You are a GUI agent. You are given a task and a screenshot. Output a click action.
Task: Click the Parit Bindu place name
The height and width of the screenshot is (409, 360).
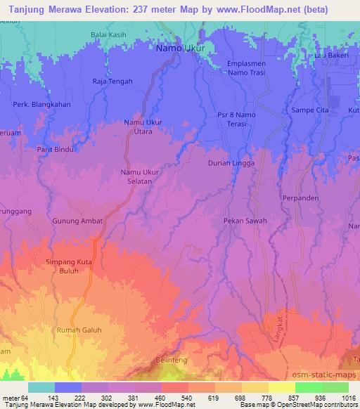(x=56, y=150)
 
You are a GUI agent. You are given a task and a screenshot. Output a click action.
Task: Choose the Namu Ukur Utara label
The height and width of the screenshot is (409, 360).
(x=143, y=126)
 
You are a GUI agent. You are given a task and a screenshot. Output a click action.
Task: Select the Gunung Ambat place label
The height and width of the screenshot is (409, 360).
(x=77, y=221)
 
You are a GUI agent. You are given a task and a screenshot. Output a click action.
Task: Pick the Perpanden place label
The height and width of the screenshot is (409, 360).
(x=301, y=198)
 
